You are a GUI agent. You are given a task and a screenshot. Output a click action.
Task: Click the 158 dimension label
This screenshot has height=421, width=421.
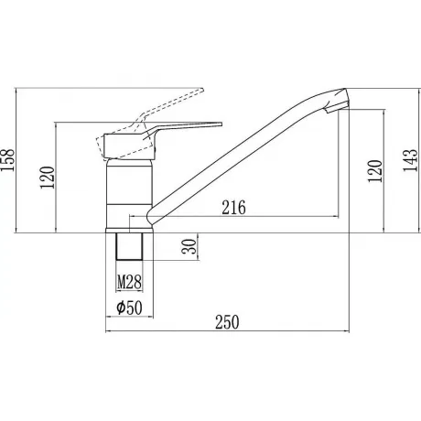coord(7,160)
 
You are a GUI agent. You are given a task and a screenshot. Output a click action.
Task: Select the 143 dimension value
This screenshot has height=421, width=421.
coord(410,160)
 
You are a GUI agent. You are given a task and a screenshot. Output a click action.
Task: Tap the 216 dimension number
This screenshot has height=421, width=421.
coord(233,208)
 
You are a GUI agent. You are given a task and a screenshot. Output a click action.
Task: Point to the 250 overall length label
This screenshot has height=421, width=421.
coord(227,322)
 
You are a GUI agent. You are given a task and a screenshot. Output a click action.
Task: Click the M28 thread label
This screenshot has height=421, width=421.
coord(130,282)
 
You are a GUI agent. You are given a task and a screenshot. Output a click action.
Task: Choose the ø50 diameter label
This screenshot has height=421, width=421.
coord(130,308)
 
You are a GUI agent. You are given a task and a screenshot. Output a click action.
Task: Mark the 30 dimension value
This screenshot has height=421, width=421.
coord(189,246)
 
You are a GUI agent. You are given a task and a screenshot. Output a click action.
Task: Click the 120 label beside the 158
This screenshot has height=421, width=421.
coord(48,178)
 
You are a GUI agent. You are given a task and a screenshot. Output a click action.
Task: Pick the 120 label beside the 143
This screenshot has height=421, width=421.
coord(374,171)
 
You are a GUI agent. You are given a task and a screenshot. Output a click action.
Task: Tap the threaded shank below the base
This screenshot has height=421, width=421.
coord(129,246)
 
